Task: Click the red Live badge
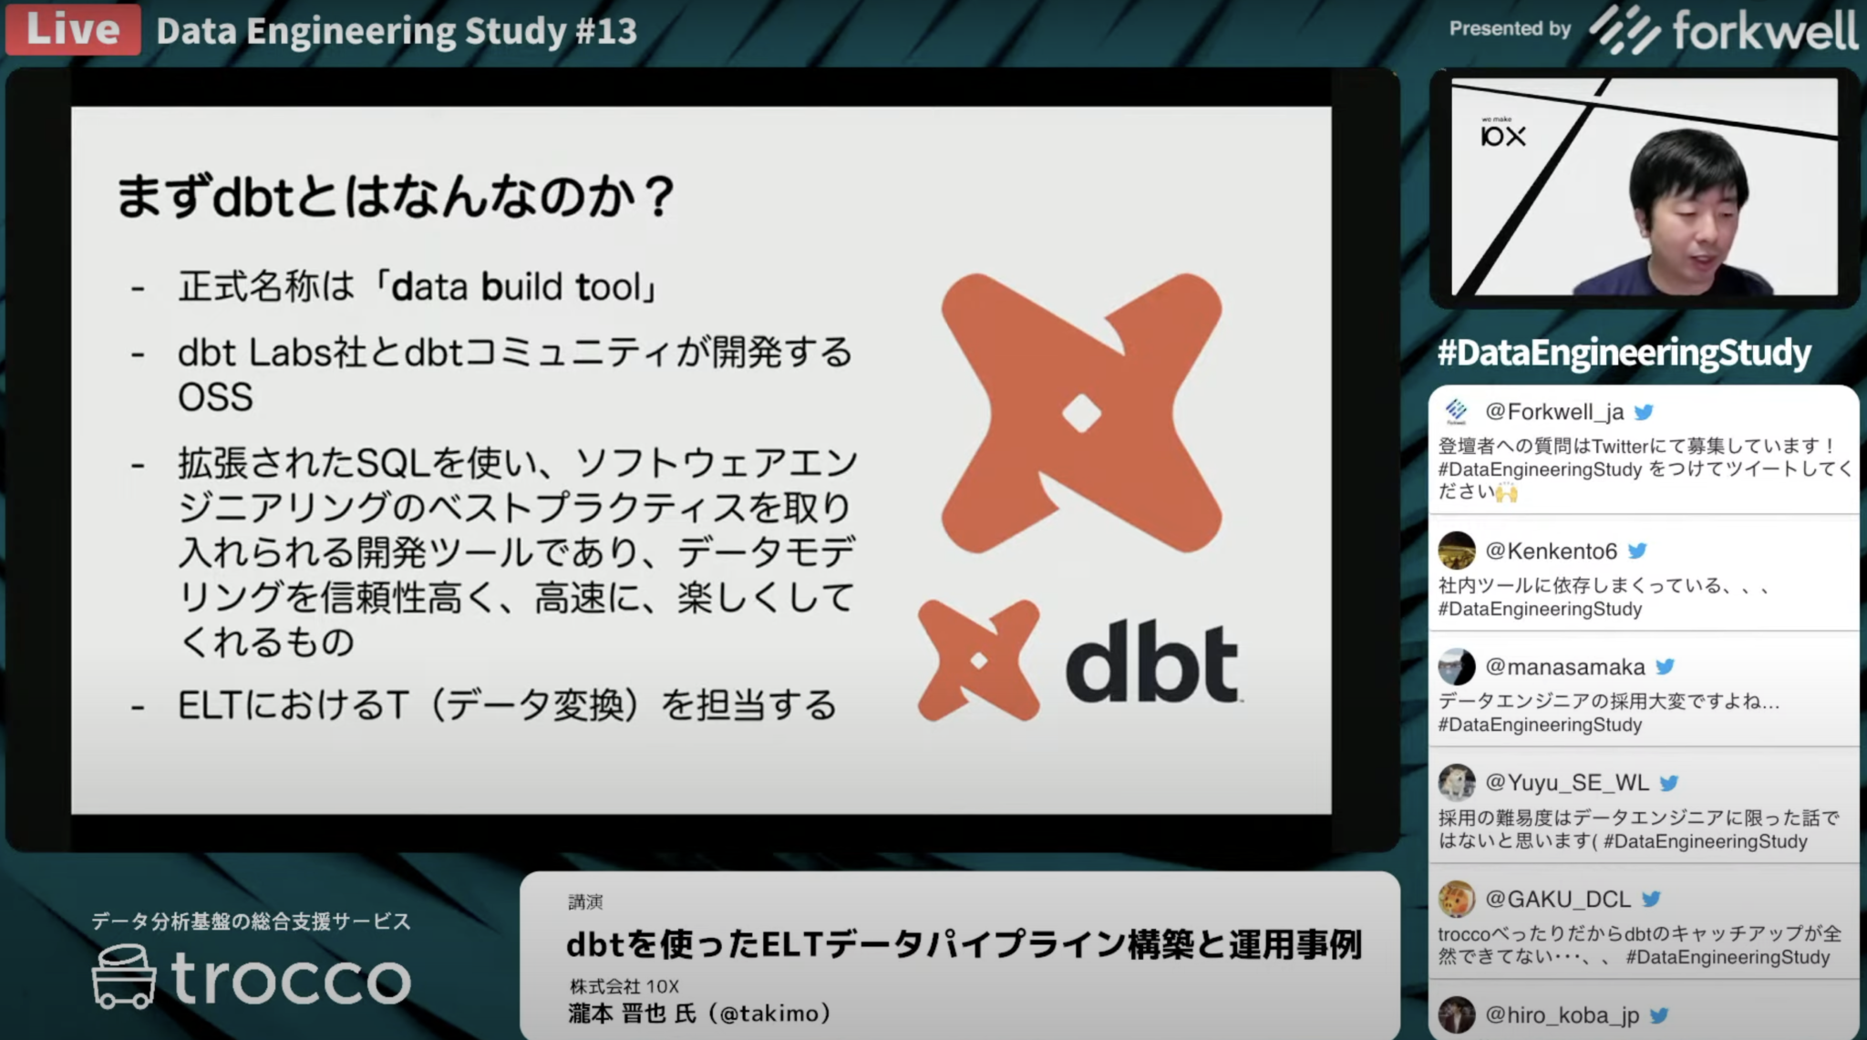coord(73,29)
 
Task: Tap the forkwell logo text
coord(1764,31)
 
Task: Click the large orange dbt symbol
coord(1081,414)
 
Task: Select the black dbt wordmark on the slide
coord(1151,664)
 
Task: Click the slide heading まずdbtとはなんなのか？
coord(396,196)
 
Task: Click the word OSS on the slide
coord(215,397)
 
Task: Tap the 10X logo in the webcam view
coord(1502,135)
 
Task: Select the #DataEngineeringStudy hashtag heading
coord(1624,353)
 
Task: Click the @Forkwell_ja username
coord(1554,412)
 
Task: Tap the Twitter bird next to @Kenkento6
coord(1637,551)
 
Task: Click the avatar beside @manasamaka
coord(1457,667)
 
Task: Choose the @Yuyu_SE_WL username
coord(1567,783)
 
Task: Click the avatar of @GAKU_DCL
coord(1457,900)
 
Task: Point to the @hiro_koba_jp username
coord(1562,1014)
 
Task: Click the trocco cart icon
coord(124,976)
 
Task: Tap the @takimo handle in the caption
coord(774,1014)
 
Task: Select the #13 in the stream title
coord(605,31)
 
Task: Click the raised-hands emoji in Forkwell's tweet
coord(1506,493)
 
